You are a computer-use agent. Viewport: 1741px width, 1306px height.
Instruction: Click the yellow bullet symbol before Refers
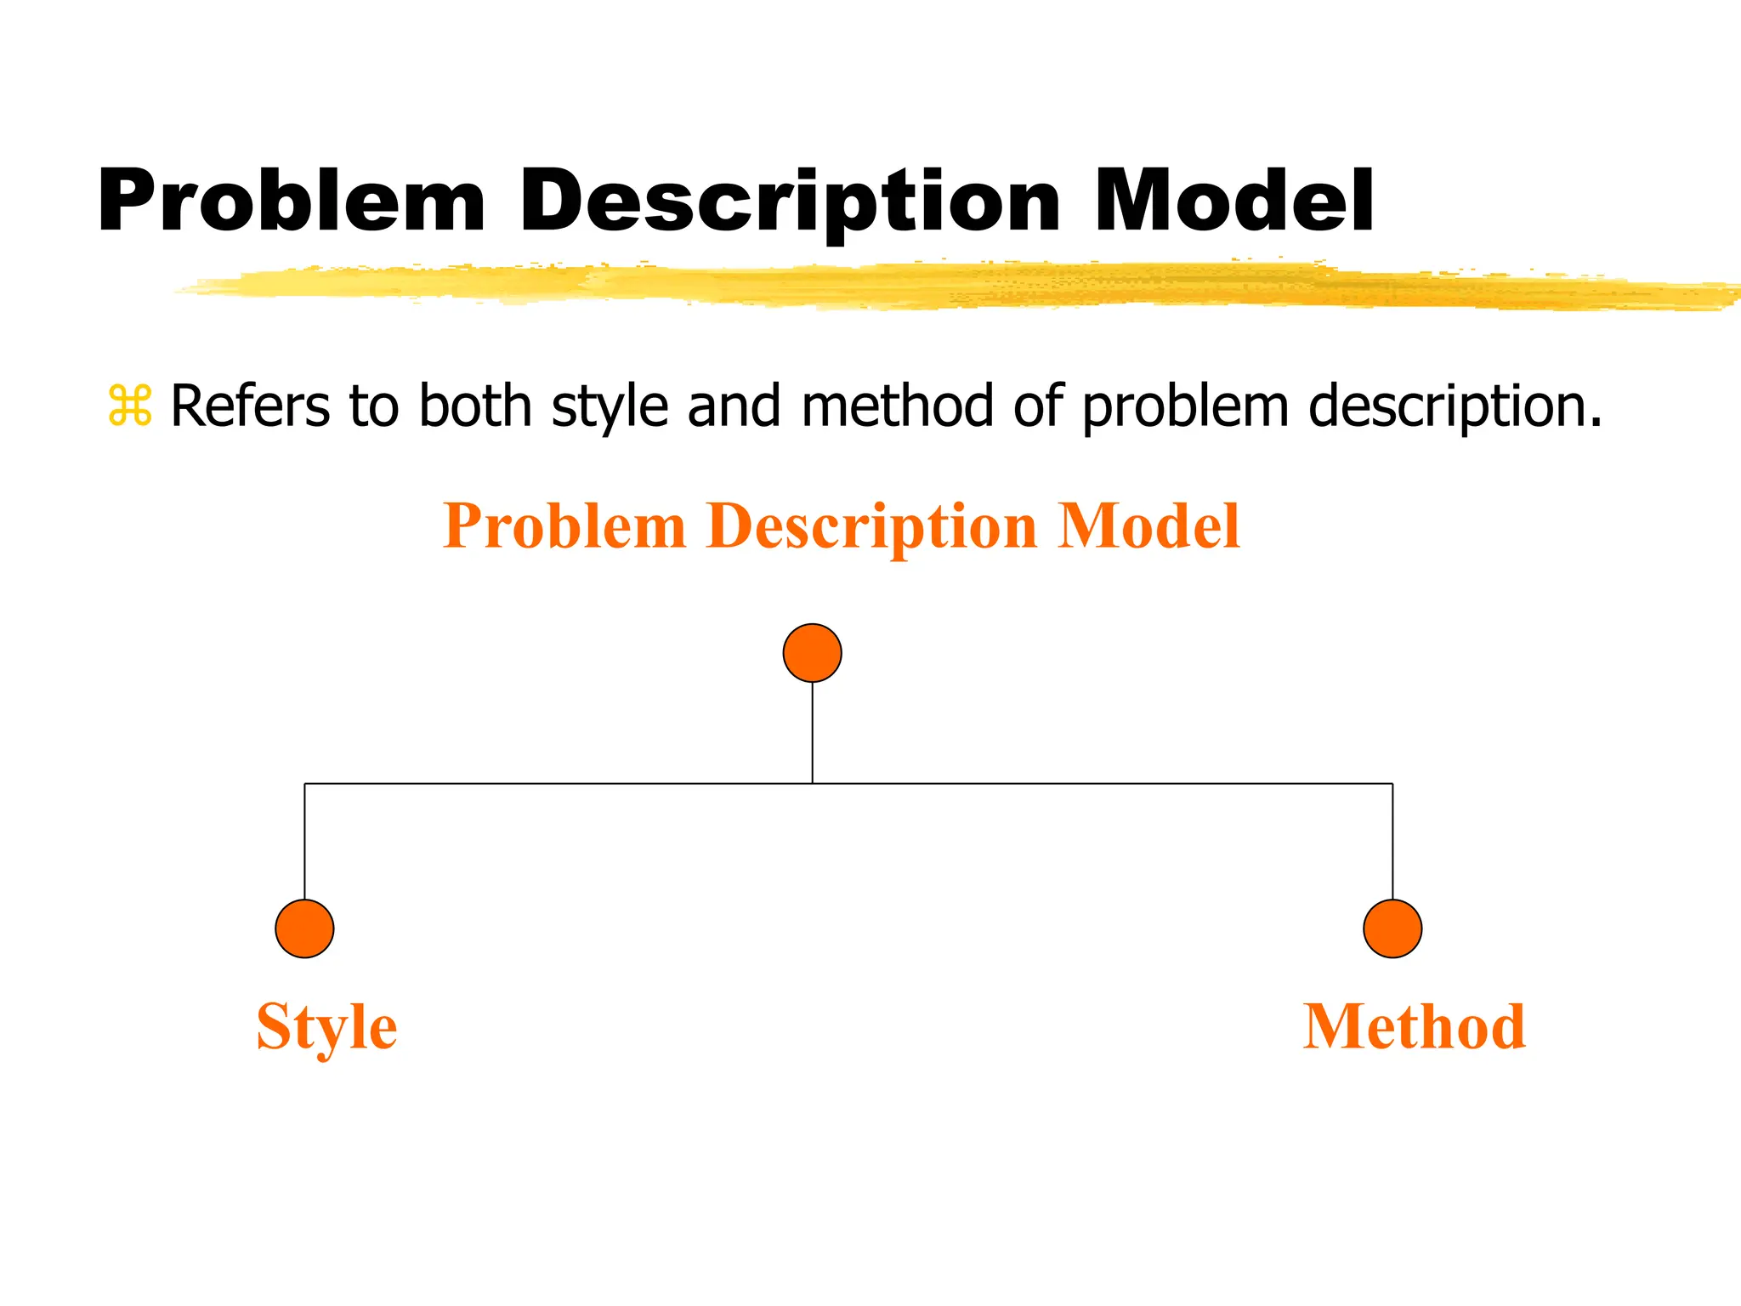tap(129, 406)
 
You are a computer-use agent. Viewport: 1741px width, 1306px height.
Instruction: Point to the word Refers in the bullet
tap(250, 406)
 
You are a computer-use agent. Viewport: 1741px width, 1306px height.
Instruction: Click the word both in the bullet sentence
tap(475, 406)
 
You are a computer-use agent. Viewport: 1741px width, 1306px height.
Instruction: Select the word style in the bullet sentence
tap(610, 406)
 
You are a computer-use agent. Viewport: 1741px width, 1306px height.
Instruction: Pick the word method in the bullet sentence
tap(896, 406)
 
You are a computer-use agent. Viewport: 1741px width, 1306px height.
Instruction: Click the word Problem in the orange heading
tap(564, 526)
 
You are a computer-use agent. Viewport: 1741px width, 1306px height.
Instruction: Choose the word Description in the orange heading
tap(871, 526)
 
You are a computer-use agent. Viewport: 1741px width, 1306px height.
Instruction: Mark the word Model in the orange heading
tap(1148, 526)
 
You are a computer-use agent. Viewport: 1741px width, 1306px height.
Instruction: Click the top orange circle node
tap(812, 653)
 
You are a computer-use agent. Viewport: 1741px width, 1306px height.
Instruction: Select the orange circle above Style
tap(304, 928)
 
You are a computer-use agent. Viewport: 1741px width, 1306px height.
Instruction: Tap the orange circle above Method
tap(1392, 928)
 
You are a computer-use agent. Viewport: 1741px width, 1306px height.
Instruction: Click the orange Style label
tap(326, 1027)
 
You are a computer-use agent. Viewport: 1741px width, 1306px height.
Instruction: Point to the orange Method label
tap(1414, 1027)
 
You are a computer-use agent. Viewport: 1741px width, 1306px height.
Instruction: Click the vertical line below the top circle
tap(812, 733)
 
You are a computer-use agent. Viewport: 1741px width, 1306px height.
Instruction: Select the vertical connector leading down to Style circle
tap(304, 842)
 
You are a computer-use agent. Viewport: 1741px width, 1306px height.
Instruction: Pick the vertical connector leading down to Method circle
tap(1392, 842)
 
